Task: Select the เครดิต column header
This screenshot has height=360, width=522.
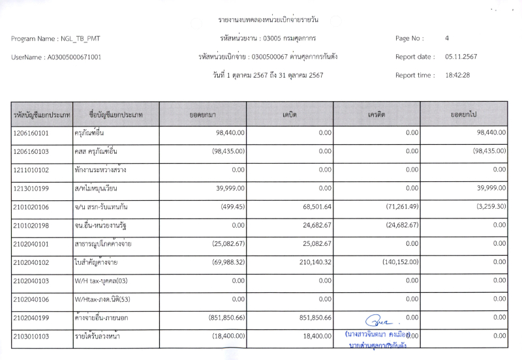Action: (376, 115)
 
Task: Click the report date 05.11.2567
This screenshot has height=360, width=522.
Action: (461, 57)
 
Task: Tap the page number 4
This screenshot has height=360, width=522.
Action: (447, 38)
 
